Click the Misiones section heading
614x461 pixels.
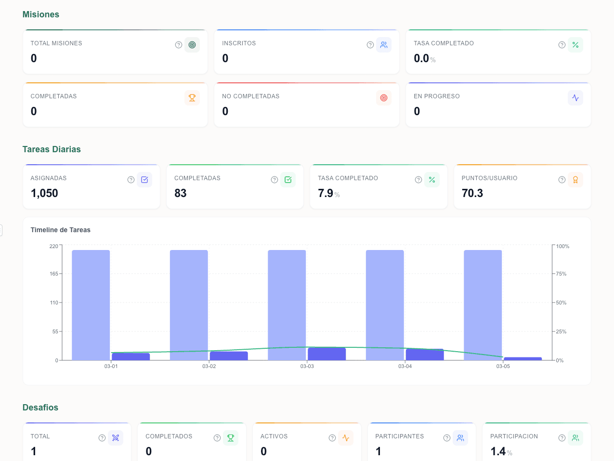[x=41, y=14]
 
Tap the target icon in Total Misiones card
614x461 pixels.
[x=192, y=45]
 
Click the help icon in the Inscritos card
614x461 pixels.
[x=370, y=45]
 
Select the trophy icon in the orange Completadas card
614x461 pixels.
[x=192, y=98]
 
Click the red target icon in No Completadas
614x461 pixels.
[x=384, y=98]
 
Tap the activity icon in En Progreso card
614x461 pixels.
[x=575, y=98]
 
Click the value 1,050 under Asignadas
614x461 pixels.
[x=44, y=193]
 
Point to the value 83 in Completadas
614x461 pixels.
[x=181, y=193]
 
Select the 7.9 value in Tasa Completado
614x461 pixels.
[x=326, y=193]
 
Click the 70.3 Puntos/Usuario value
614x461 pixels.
[x=472, y=193]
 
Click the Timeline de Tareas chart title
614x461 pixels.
[x=61, y=230]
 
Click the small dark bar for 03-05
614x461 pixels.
[x=523, y=358]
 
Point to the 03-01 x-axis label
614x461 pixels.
[x=111, y=367]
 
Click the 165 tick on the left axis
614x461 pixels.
[x=53, y=274]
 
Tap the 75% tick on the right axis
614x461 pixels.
[x=561, y=274]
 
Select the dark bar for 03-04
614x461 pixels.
[x=424, y=355]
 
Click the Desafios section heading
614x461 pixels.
[x=40, y=408]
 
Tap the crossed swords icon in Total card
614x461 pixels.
[x=116, y=438]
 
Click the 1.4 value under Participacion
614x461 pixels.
[x=498, y=451]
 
